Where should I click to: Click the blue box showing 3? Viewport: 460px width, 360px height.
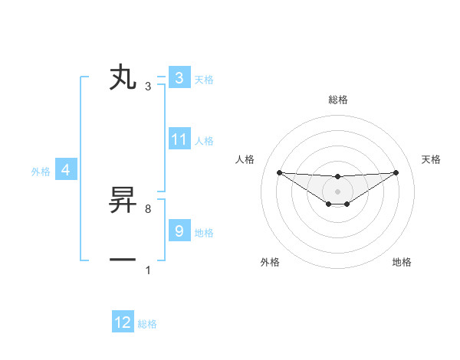[x=179, y=78]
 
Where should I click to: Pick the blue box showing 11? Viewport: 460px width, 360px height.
[x=179, y=139]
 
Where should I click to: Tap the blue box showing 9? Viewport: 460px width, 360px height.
[x=179, y=231]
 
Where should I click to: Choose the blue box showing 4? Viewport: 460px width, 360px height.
[x=66, y=170]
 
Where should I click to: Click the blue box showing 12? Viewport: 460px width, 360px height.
[x=123, y=322]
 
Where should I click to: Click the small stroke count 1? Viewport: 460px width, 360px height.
[x=148, y=270]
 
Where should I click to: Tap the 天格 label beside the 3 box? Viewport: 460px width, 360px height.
[x=204, y=79]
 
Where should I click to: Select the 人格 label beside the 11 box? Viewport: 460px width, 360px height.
[x=204, y=141]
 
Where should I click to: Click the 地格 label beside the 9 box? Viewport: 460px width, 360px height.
[x=204, y=232]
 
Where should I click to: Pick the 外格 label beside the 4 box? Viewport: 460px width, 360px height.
[x=41, y=172]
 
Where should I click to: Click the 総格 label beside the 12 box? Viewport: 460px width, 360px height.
[x=147, y=324]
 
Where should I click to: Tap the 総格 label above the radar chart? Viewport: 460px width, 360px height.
[x=337, y=100]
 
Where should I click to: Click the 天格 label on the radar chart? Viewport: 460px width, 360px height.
[x=431, y=159]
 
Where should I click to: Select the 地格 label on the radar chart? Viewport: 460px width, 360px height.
[x=402, y=262]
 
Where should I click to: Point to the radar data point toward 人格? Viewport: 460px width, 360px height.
[x=279, y=172]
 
